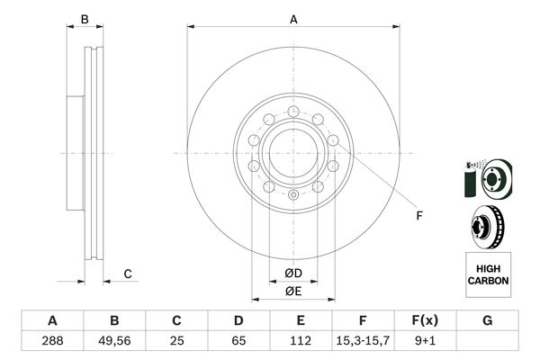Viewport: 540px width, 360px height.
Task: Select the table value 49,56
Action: click(114, 340)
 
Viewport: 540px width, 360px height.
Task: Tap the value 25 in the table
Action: click(176, 340)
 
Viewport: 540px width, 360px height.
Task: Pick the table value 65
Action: click(238, 340)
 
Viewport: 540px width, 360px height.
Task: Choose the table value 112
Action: click(301, 340)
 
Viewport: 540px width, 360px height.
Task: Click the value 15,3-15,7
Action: click(363, 340)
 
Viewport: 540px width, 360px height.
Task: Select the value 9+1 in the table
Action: click(425, 340)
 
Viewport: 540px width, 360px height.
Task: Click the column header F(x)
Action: click(425, 320)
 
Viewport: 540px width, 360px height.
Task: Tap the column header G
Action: click(487, 320)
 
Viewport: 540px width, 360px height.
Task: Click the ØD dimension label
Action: click(293, 273)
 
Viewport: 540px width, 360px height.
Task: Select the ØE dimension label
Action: click(293, 291)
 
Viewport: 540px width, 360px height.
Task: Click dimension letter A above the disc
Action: click(293, 19)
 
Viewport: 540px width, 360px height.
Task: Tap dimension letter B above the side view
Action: click(85, 19)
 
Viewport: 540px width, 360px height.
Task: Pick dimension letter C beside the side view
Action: click(128, 274)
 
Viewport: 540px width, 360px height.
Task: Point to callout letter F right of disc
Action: click(418, 214)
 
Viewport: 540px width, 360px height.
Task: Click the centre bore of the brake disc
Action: click(293, 153)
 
